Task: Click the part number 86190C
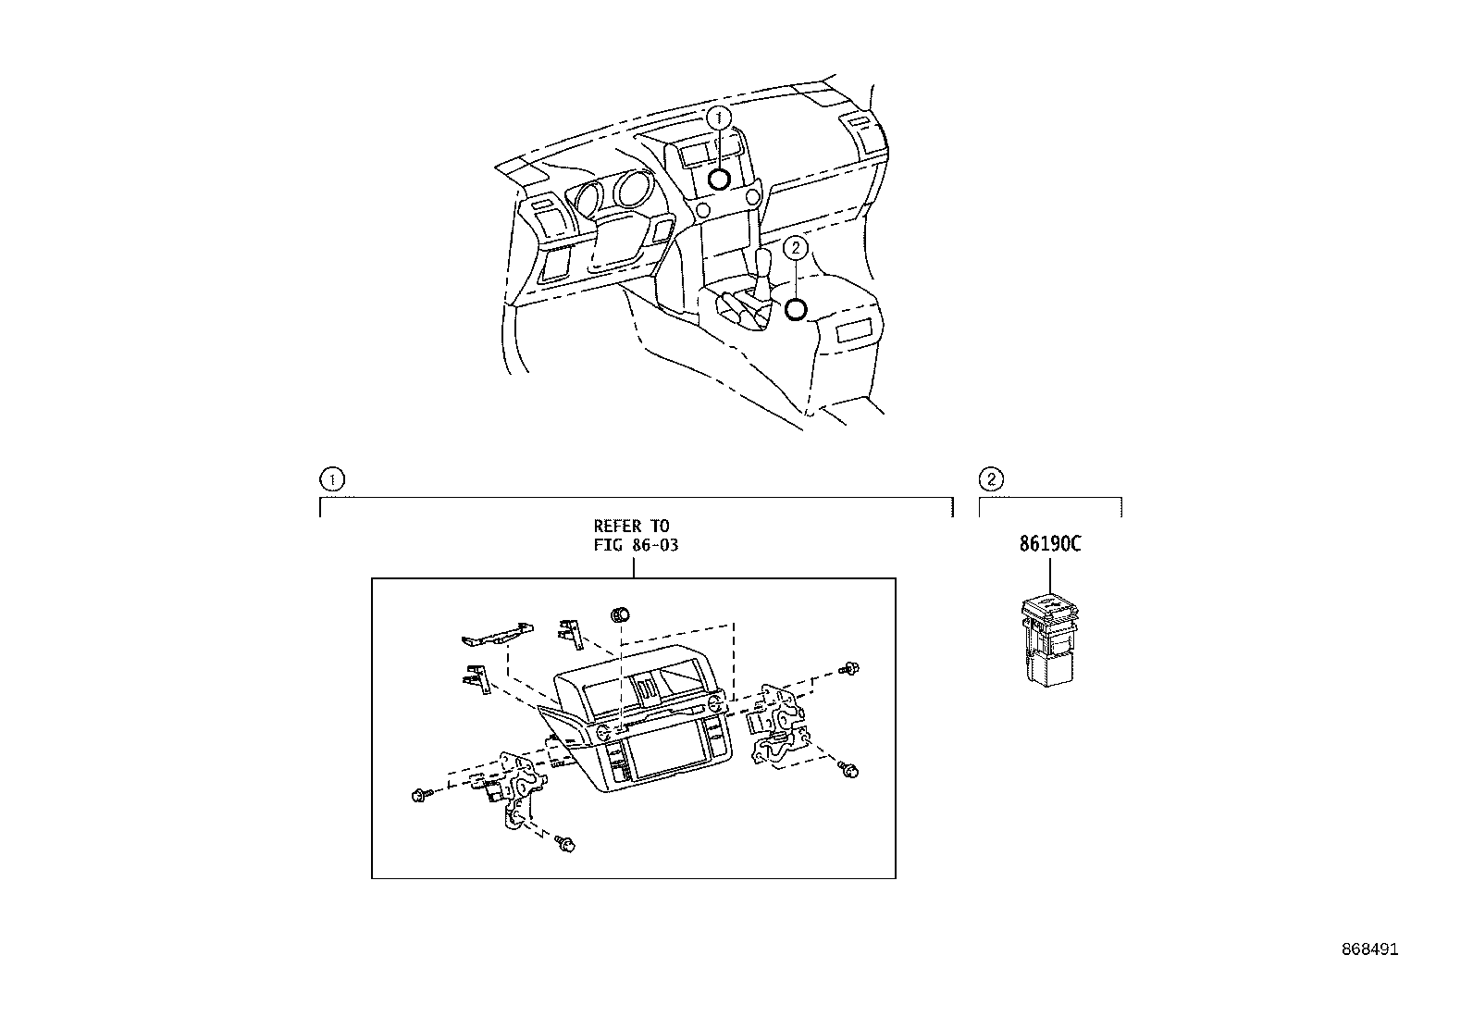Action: pyautogui.click(x=1050, y=544)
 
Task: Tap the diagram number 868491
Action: pyautogui.click(x=1370, y=950)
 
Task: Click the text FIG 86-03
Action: pyautogui.click(x=636, y=545)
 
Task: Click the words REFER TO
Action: pyautogui.click(x=631, y=527)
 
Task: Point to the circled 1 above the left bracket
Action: pyautogui.click(x=331, y=479)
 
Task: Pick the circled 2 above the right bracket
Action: pyautogui.click(x=991, y=479)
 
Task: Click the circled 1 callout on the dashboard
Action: pyautogui.click(x=719, y=118)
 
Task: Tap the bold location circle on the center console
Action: pyautogui.click(x=795, y=309)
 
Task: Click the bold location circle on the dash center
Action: pyautogui.click(x=719, y=179)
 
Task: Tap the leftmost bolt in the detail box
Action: pyautogui.click(x=418, y=794)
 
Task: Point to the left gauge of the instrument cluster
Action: pyautogui.click(x=589, y=196)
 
